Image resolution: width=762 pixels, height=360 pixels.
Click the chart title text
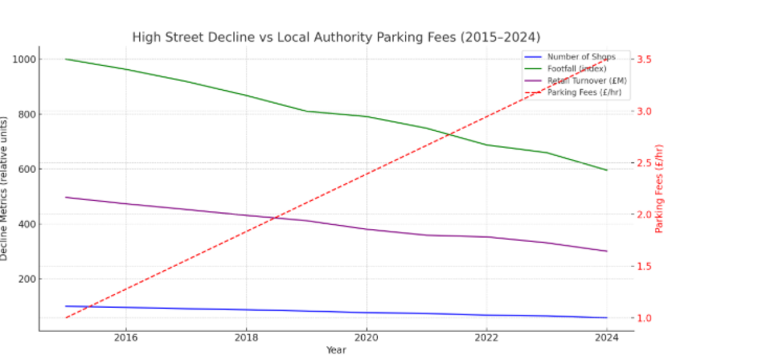[x=336, y=38]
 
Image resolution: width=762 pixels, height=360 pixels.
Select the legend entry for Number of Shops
[x=581, y=57]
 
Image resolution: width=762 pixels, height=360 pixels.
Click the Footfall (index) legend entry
[x=577, y=68]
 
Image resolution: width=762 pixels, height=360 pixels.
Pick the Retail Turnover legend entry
[x=587, y=80]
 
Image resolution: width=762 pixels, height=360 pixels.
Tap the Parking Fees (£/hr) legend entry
[x=584, y=92]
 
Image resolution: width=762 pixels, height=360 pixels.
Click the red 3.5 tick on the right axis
[x=646, y=59]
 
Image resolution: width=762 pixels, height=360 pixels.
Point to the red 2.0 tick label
[x=646, y=215]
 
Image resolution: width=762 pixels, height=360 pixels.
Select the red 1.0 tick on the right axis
[x=646, y=318]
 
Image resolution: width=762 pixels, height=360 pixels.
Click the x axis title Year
[x=336, y=350]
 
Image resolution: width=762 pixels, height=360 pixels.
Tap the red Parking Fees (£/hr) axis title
[x=659, y=188]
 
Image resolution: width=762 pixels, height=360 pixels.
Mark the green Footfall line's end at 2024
[x=607, y=170]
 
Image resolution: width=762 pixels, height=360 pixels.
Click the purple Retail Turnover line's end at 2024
[x=607, y=251]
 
